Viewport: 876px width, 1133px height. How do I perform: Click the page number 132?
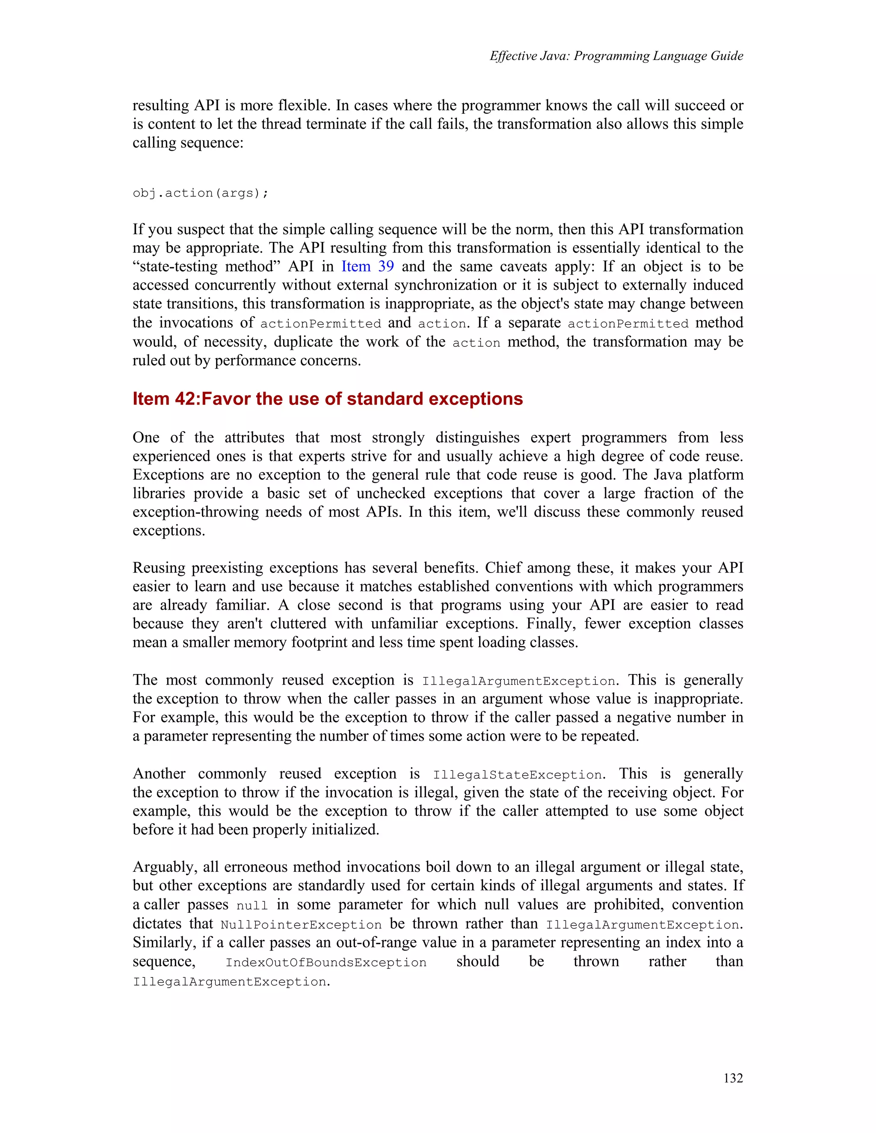pyautogui.click(x=733, y=1078)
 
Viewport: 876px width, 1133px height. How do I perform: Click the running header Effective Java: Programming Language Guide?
pyautogui.click(x=616, y=56)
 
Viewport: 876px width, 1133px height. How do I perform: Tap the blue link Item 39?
pyautogui.click(x=367, y=267)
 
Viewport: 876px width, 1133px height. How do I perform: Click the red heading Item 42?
pyautogui.click(x=328, y=398)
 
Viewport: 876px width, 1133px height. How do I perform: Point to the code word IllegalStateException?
pyautogui.click(x=518, y=775)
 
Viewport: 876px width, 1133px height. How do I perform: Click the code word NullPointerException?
pyautogui.click(x=301, y=925)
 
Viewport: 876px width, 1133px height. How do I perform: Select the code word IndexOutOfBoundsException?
pyautogui.click(x=326, y=963)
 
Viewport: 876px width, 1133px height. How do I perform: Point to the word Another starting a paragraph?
pyautogui.click(x=159, y=774)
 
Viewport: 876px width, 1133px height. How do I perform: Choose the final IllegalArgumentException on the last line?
pyautogui.click(x=230, y=982)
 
